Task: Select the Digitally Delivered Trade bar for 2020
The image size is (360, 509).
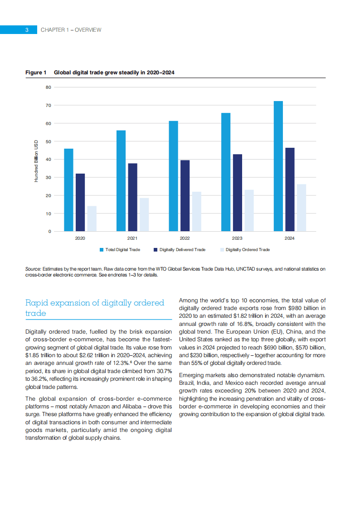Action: (x=80, y=203)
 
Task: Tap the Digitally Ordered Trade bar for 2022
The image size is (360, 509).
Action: (x=196, y=212)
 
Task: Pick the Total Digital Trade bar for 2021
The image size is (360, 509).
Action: (x=121, y=181)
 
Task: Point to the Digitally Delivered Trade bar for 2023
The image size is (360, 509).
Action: (x=237, y=193)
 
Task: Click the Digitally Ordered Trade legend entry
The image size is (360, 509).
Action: (x=245, y=250)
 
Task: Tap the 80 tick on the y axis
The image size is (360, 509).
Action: (x=48, y=87)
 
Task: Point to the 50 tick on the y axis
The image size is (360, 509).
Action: (x=48, y=141)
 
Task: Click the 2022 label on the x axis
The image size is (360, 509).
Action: (x=185, y=238)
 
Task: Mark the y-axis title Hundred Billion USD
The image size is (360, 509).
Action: (x=36, y=161)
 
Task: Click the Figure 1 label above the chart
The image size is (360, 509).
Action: (x=36, y=73)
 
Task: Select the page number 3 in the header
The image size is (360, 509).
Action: (x=27, y=30)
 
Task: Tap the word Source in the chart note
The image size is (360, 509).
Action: (x=33, y=269)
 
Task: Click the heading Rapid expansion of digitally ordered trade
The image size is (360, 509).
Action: (x=94, y=308)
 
